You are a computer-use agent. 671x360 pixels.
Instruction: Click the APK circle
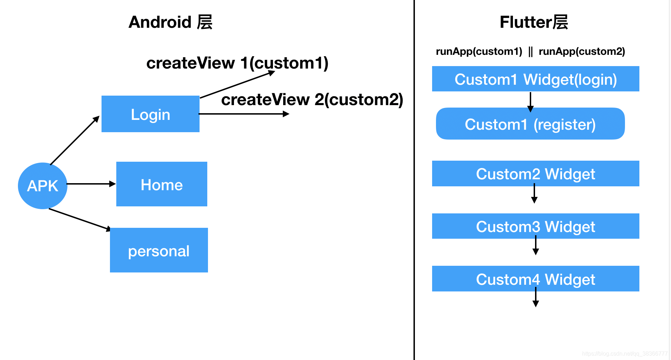(43, 186)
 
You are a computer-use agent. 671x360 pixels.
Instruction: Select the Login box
(150, 114)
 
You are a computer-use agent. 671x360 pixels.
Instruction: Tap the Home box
(162, 184)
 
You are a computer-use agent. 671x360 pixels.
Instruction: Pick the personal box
(159, 250)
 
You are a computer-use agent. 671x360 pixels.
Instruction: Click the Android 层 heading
(170, 22)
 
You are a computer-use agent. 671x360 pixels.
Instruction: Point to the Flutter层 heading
(534, 22)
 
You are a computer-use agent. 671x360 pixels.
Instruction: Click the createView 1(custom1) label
(237, 63)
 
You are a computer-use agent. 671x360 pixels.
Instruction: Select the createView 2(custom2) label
(312, 100)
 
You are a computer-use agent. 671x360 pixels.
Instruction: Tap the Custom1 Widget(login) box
(535, 79)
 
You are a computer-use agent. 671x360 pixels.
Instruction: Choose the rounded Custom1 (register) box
(530, 124)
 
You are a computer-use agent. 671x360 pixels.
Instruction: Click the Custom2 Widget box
(535, 174)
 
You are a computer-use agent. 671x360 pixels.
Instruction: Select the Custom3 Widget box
(535, 226)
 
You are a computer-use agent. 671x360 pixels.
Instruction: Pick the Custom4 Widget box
(535, 279)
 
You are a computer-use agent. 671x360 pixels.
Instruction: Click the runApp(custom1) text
(479, 52)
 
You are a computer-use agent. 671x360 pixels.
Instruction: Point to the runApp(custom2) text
(582, 52)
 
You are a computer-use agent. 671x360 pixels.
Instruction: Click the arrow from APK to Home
(91, 184)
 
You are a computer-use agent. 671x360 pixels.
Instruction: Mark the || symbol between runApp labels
(530, 52)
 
